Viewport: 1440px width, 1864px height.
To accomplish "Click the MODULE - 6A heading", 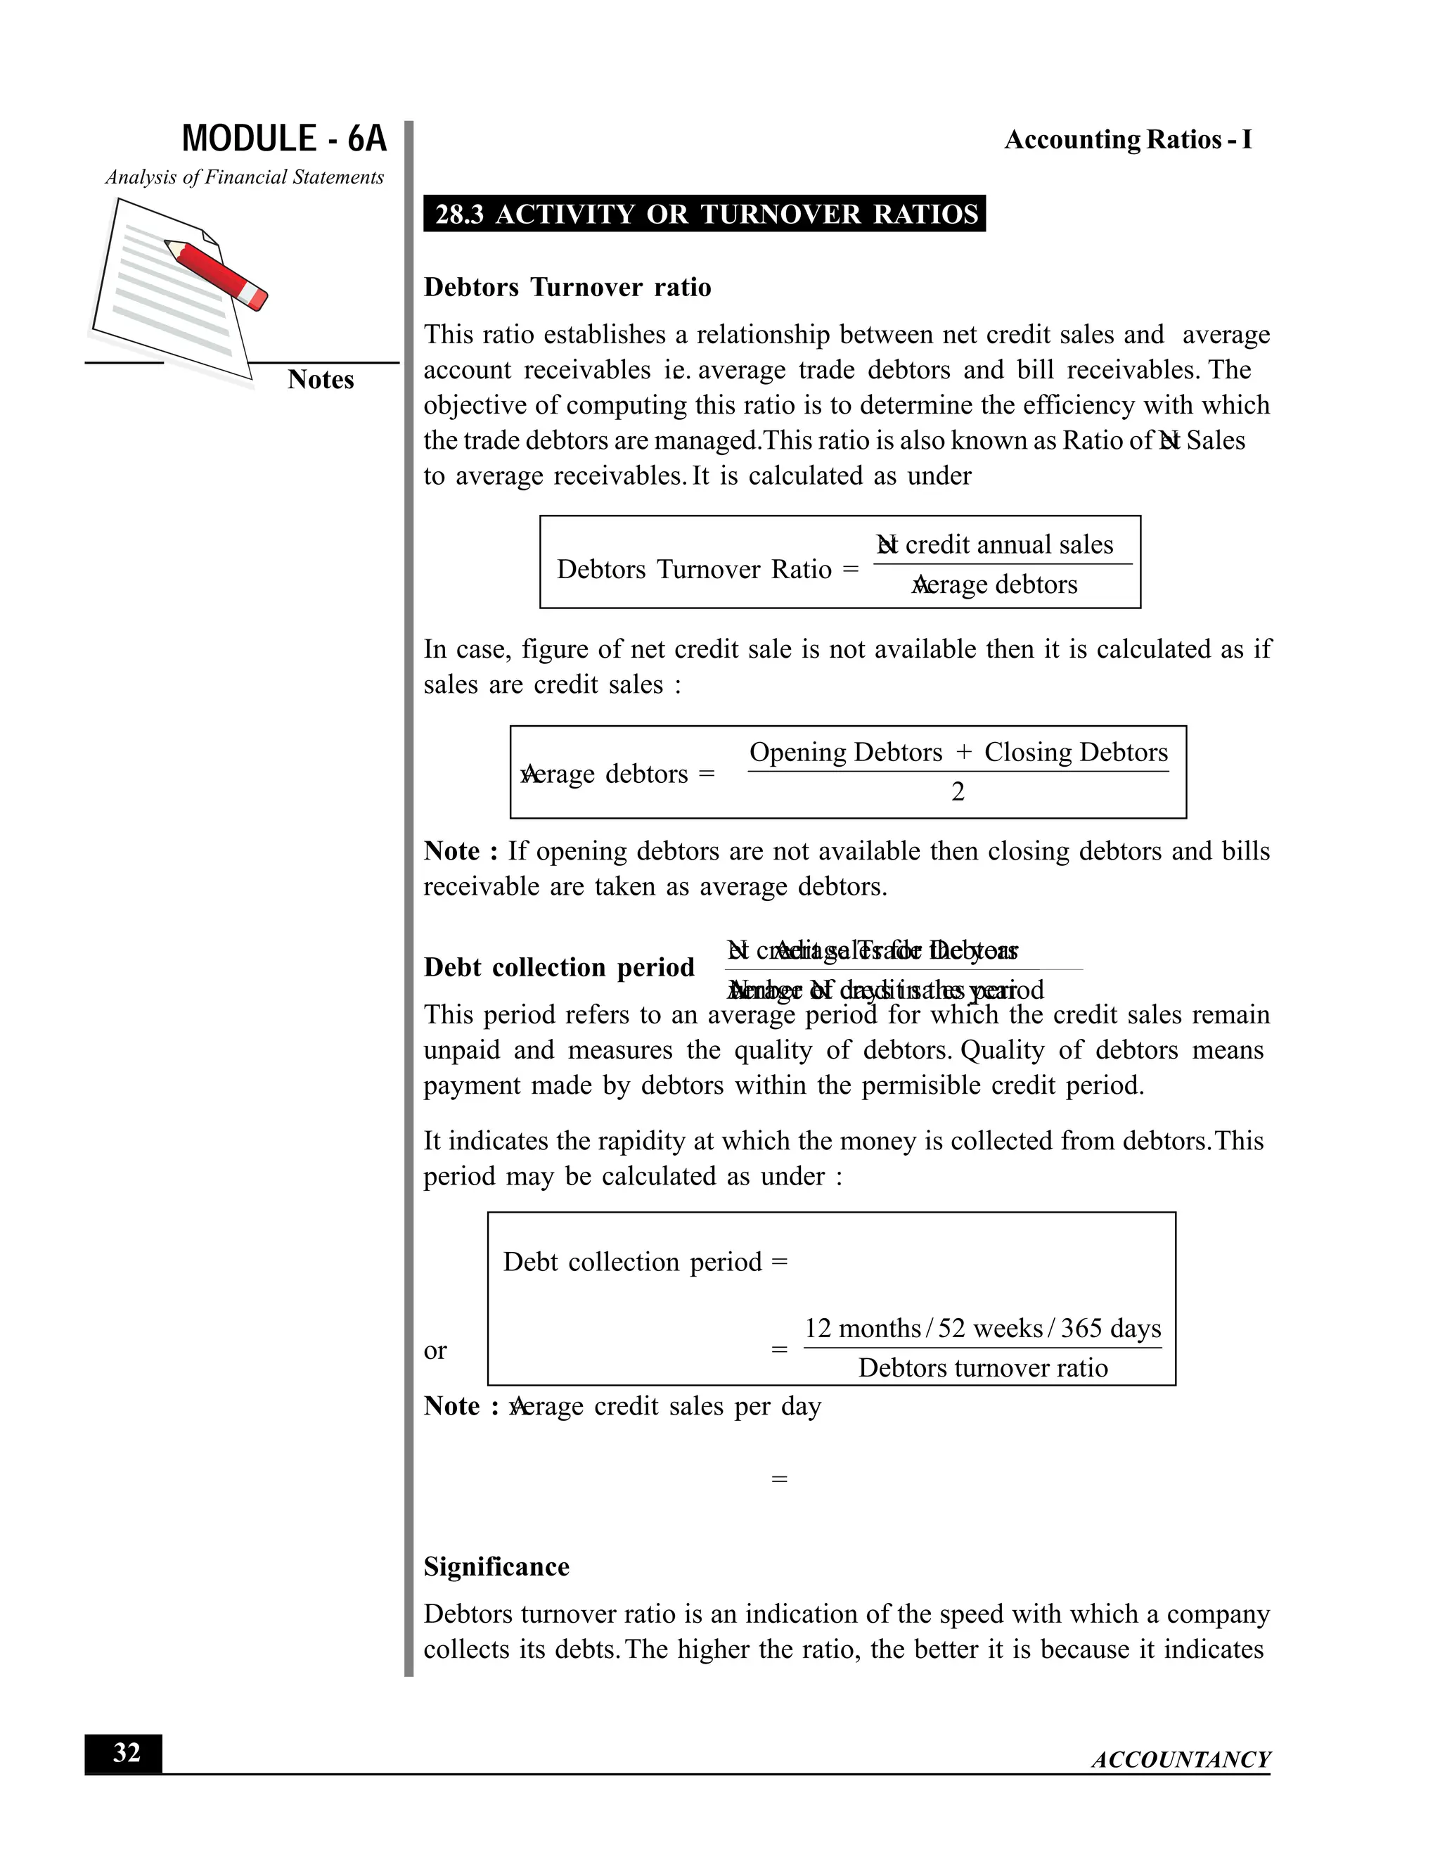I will [x=284, y=139].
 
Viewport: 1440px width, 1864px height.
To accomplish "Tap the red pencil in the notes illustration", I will [x=217, y=273].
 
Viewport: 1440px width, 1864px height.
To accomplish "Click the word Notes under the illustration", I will [x=320, y=380].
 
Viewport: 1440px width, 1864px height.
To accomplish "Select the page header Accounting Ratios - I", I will [x=1128, y=139].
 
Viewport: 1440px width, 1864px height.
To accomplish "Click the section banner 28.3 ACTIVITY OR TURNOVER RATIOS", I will [x=705, y=213].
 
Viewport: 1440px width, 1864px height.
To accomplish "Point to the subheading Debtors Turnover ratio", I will [x=567, y=287].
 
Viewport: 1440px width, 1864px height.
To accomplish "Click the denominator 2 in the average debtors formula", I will [x=958, y=792].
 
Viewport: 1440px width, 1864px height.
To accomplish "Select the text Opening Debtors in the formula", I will [x=845, y=752].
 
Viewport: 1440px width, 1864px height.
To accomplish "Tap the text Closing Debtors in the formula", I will [x=1076, y=752].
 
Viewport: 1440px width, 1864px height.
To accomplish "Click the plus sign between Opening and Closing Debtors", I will [x=964, y=752].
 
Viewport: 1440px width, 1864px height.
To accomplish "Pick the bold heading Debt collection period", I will [x=559, y=967].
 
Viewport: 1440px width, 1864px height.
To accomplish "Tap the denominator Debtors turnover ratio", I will [x=983, y=1368].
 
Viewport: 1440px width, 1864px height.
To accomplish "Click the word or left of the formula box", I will [x=435, y=1351].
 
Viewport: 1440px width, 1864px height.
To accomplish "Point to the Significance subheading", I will [x=496, y=1567].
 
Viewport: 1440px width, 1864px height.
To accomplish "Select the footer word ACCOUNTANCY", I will [x=1181, y=1760].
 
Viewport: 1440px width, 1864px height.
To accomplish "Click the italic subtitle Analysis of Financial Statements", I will [x=245, y=177].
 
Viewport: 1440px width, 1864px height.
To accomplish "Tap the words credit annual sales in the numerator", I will [x=1008, y=544].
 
